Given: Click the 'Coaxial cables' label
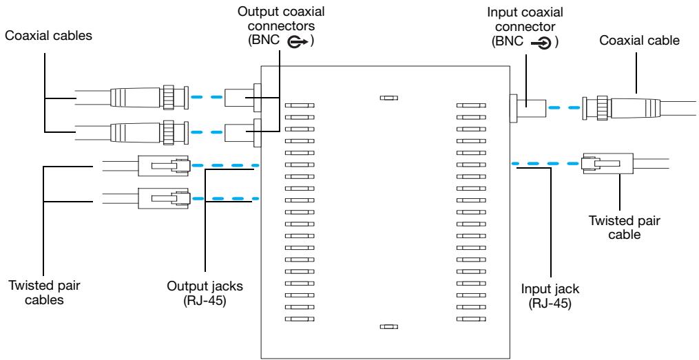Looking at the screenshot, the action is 49,36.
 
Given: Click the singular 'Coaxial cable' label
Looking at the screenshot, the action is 639,41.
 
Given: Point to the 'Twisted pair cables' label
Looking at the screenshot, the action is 45,293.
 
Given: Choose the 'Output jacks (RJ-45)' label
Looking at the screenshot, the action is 205,293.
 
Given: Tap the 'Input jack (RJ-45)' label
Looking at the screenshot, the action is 550,296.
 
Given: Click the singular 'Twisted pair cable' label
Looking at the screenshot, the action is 624,227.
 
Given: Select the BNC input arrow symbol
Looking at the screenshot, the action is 541,43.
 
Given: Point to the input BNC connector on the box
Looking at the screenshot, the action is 528,108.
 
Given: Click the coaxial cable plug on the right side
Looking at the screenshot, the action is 621,108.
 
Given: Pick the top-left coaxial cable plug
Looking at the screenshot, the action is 150,97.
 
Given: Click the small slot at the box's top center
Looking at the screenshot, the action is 388,98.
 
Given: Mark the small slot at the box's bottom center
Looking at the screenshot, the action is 388,326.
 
